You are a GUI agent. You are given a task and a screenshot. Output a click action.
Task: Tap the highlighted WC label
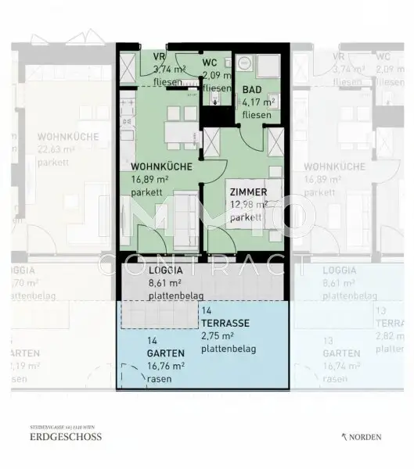210,63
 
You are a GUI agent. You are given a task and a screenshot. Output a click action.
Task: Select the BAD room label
251,90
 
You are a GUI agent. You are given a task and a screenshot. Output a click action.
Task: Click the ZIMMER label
249,192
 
